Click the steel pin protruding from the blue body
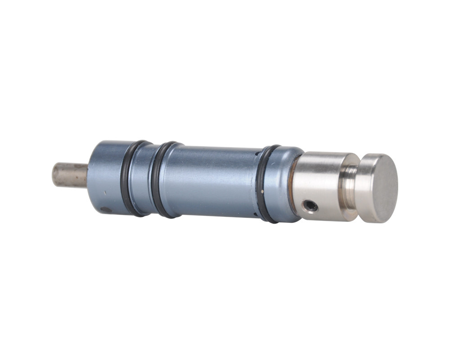(x=70, y=175)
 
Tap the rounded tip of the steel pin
(x=55, y=175)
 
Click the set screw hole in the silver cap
(x=310, y=206)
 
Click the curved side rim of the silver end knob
(x=365, y=189)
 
